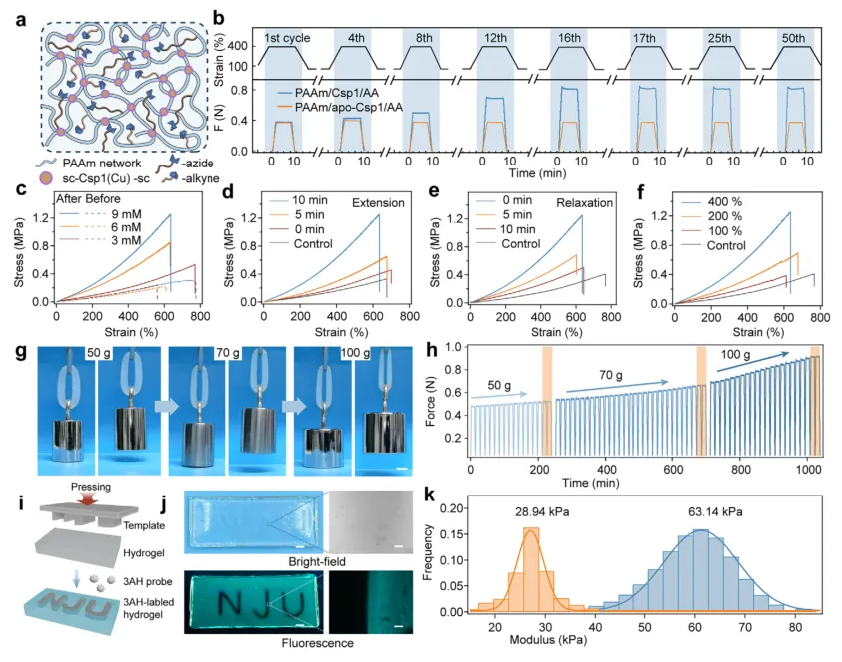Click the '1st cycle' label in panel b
pyautogui.click(x=287, y=38)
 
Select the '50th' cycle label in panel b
pyautogui.click(x=794, y=38)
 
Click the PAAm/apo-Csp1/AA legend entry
pyautogui.click(x=348, y=108)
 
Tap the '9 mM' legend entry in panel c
pyautogui.click(x=126, y=213)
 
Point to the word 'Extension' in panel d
pyautogui.click(x=378, y=202)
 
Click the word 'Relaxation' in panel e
pyautogui.click(x=585, y=202)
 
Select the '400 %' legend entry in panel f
pyautogui.click(x=725, y=201)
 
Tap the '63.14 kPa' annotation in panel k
pyautogui.click(x=716, y=512)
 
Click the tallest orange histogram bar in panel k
pyautogui.click(x=531, y=569)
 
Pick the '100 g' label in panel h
pyautogui.click(x=735, y=355)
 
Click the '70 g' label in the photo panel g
pyautogui.click(x=228, y=353)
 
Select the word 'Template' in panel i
pyautogui.click(x=144, y=525)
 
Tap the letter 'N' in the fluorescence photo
pyautogui.click(x=231, y=603)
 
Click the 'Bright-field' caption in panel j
pyautogui.click(x=317, y=561)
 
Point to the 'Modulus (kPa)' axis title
pyautogui.click(x=548, y=640)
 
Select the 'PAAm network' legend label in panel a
pyautogui.click(x=102, y=164)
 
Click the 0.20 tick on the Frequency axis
pyautogui.click(x=450, y=508)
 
